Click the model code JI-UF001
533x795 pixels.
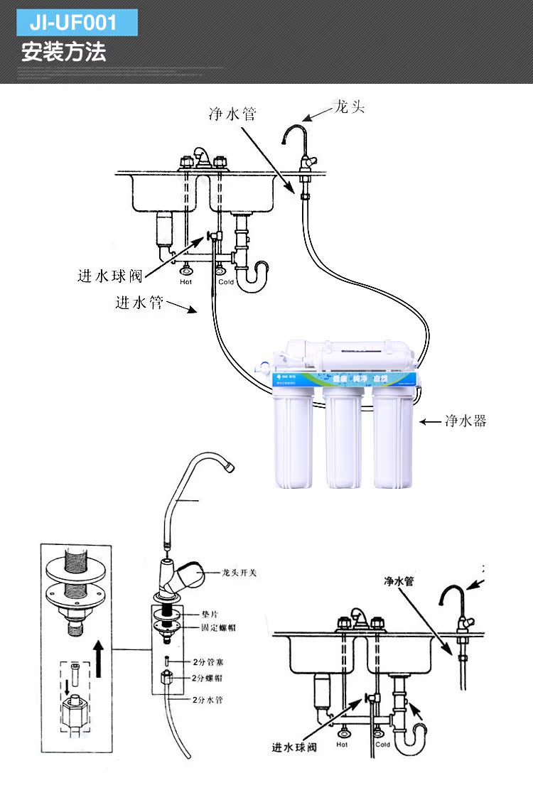point(73,23)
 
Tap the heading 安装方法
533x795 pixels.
point(64,53)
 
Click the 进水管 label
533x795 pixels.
point(139,303)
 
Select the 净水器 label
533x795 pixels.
point(465,421)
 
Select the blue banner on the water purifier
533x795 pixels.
point(343,380)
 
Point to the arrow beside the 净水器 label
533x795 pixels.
point(429,421)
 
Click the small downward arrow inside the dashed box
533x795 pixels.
point(68,687)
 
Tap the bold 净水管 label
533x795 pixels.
point(399,582)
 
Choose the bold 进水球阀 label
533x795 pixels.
point(294,747)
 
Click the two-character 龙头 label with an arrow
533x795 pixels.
point(350,108)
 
